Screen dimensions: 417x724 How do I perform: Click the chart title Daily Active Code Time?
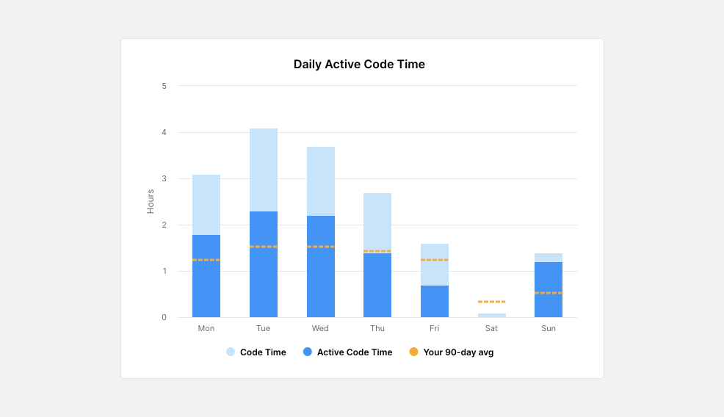(359, 64)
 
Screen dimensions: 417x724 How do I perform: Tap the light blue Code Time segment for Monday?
(206, 205)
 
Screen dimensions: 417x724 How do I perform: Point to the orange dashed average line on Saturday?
(491, 302)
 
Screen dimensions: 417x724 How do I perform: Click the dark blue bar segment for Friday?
(435, 302)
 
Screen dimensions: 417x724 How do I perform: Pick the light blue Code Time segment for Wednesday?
(321, 181)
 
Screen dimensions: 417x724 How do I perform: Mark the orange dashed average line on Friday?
(435, 260)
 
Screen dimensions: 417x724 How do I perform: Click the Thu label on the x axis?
(377, 328)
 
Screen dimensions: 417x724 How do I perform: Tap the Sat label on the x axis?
(491, 328)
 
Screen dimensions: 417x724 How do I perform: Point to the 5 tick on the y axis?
(164, 86)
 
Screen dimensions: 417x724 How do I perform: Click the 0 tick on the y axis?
(164, 317)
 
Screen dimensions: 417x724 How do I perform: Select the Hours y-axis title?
(151, 201)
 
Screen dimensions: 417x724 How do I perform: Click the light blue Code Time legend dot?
(231, 352)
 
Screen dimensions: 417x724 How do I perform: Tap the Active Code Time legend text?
(355, 352)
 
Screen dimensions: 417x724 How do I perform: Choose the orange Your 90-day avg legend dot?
(413, 352)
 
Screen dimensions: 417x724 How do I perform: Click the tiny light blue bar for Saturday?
(491, 315)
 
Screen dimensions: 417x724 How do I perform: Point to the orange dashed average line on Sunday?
(549, 293)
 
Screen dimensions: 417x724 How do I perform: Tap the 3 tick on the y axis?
(164, 178)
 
